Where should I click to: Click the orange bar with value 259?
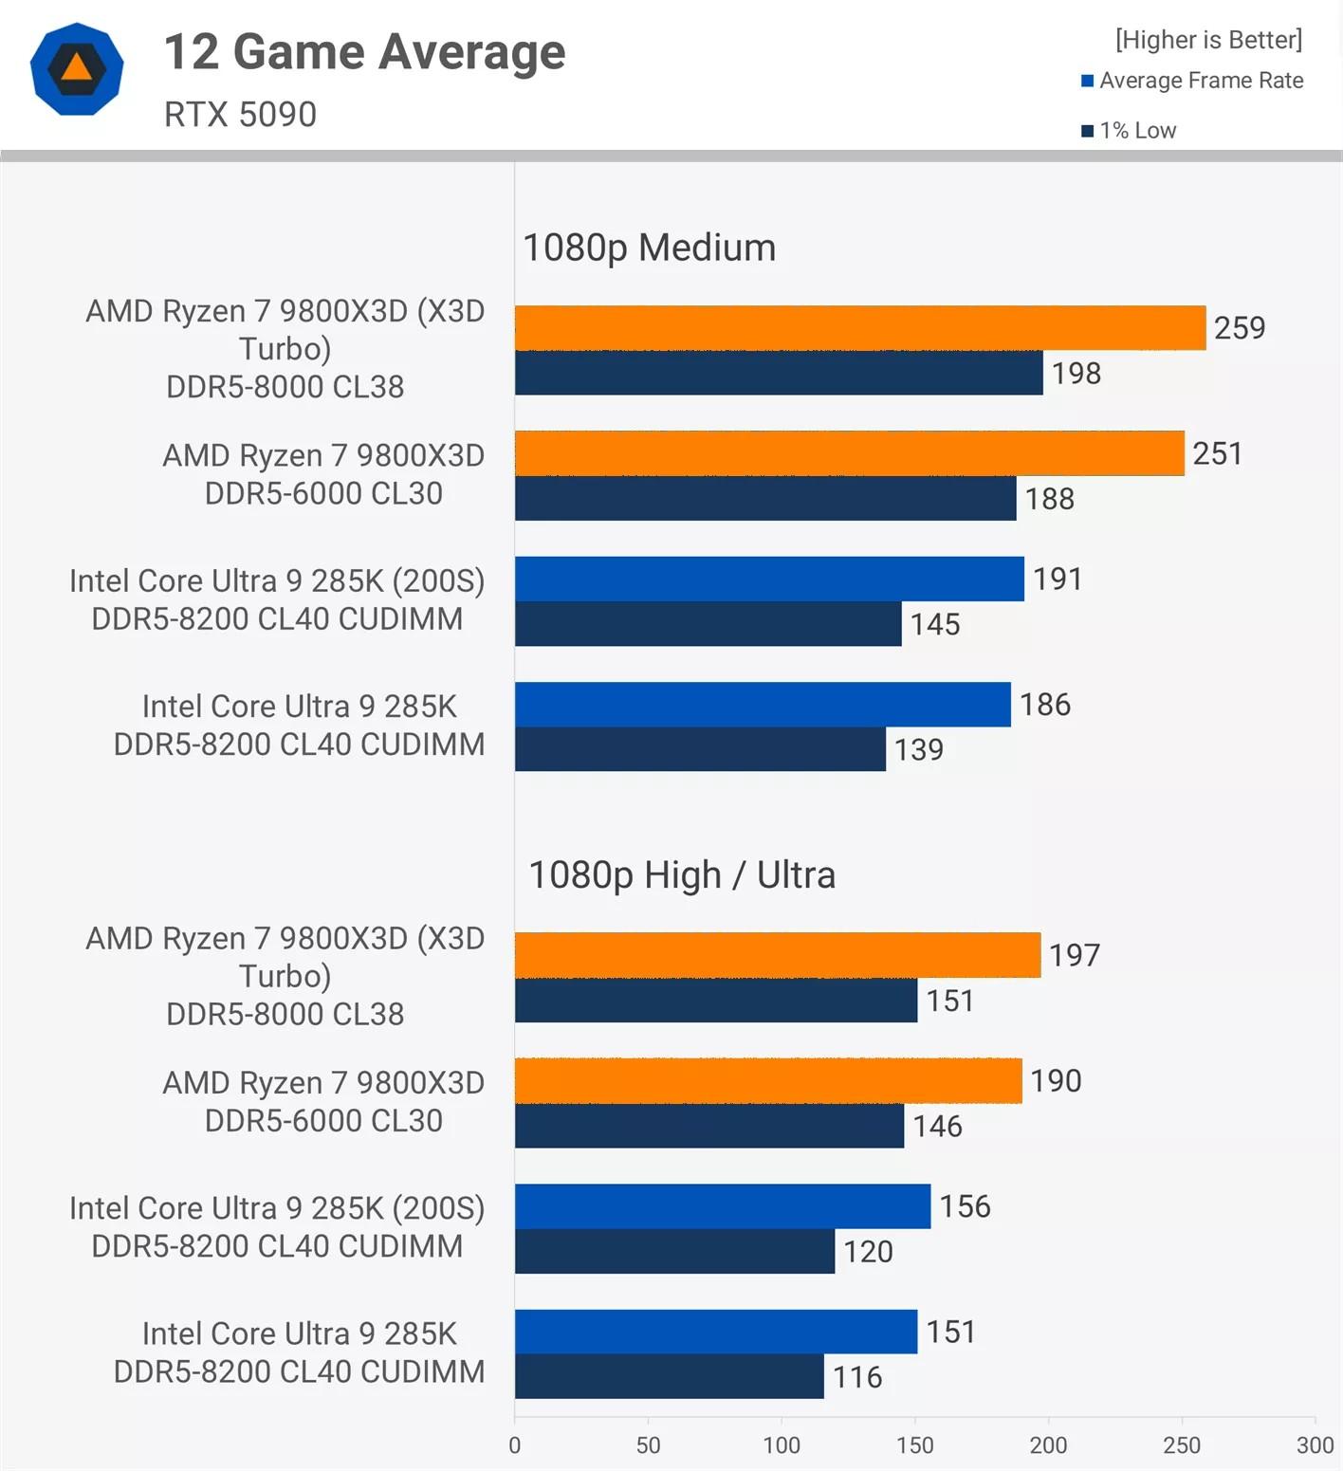860,328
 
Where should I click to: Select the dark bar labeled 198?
779,373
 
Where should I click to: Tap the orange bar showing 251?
850,453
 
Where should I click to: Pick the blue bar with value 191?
769,579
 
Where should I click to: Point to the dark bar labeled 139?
700,749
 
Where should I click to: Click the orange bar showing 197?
778,955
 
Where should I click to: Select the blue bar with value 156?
723,1206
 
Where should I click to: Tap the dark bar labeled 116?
670,1376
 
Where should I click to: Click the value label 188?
1050,499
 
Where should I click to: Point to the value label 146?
937,1126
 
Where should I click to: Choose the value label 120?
868,1251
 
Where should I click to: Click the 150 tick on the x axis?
915,1445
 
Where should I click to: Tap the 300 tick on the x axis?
1315,1445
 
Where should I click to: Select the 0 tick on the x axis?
515,1445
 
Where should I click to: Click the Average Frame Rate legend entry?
1193,81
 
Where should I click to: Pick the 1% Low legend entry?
1130,131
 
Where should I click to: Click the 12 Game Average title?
365,52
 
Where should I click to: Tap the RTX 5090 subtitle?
241,115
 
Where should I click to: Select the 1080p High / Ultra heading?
682,875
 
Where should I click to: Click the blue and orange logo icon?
77,69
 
